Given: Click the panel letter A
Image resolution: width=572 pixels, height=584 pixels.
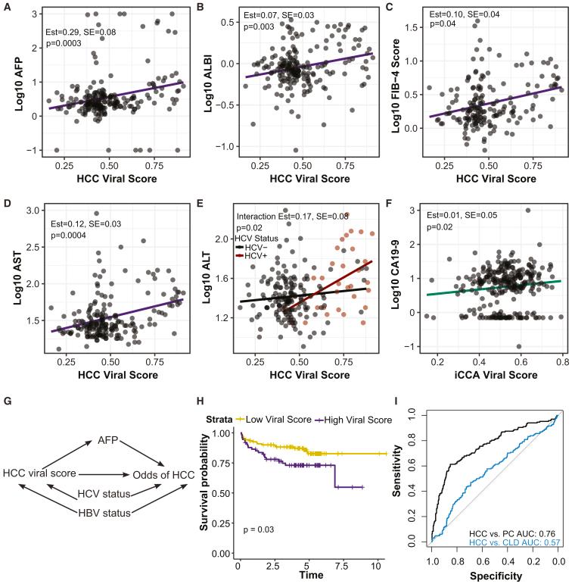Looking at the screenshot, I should click(x=8, y=7).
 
